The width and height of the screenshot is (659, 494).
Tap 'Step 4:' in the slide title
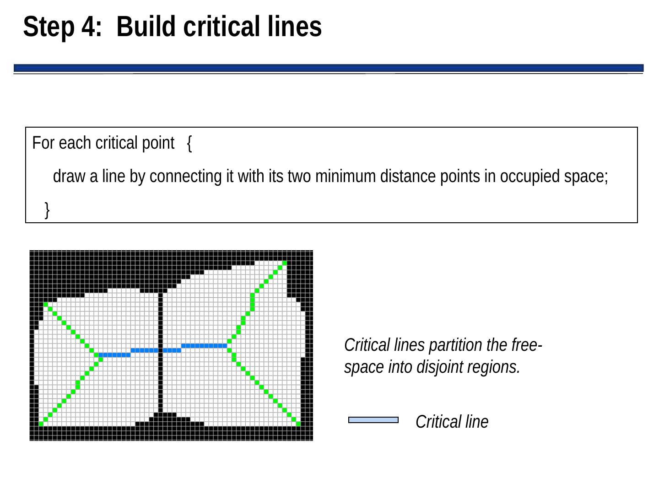pos(62,27)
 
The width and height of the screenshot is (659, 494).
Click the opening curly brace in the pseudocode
pos(190,144)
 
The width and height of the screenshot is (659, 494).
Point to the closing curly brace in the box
pos(48,210)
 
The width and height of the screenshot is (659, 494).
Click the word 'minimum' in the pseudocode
pos(344,177)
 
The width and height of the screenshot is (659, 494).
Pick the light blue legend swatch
pos(373,420)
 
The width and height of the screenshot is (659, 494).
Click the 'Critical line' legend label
pos(452,422)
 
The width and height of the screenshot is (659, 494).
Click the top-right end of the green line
pos(284,263)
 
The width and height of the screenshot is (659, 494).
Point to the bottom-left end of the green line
pos(41,424)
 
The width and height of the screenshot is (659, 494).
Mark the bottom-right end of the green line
pos(298,424)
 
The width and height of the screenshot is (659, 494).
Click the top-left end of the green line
pos(45,304)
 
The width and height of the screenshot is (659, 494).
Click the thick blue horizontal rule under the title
pos(329,68)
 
